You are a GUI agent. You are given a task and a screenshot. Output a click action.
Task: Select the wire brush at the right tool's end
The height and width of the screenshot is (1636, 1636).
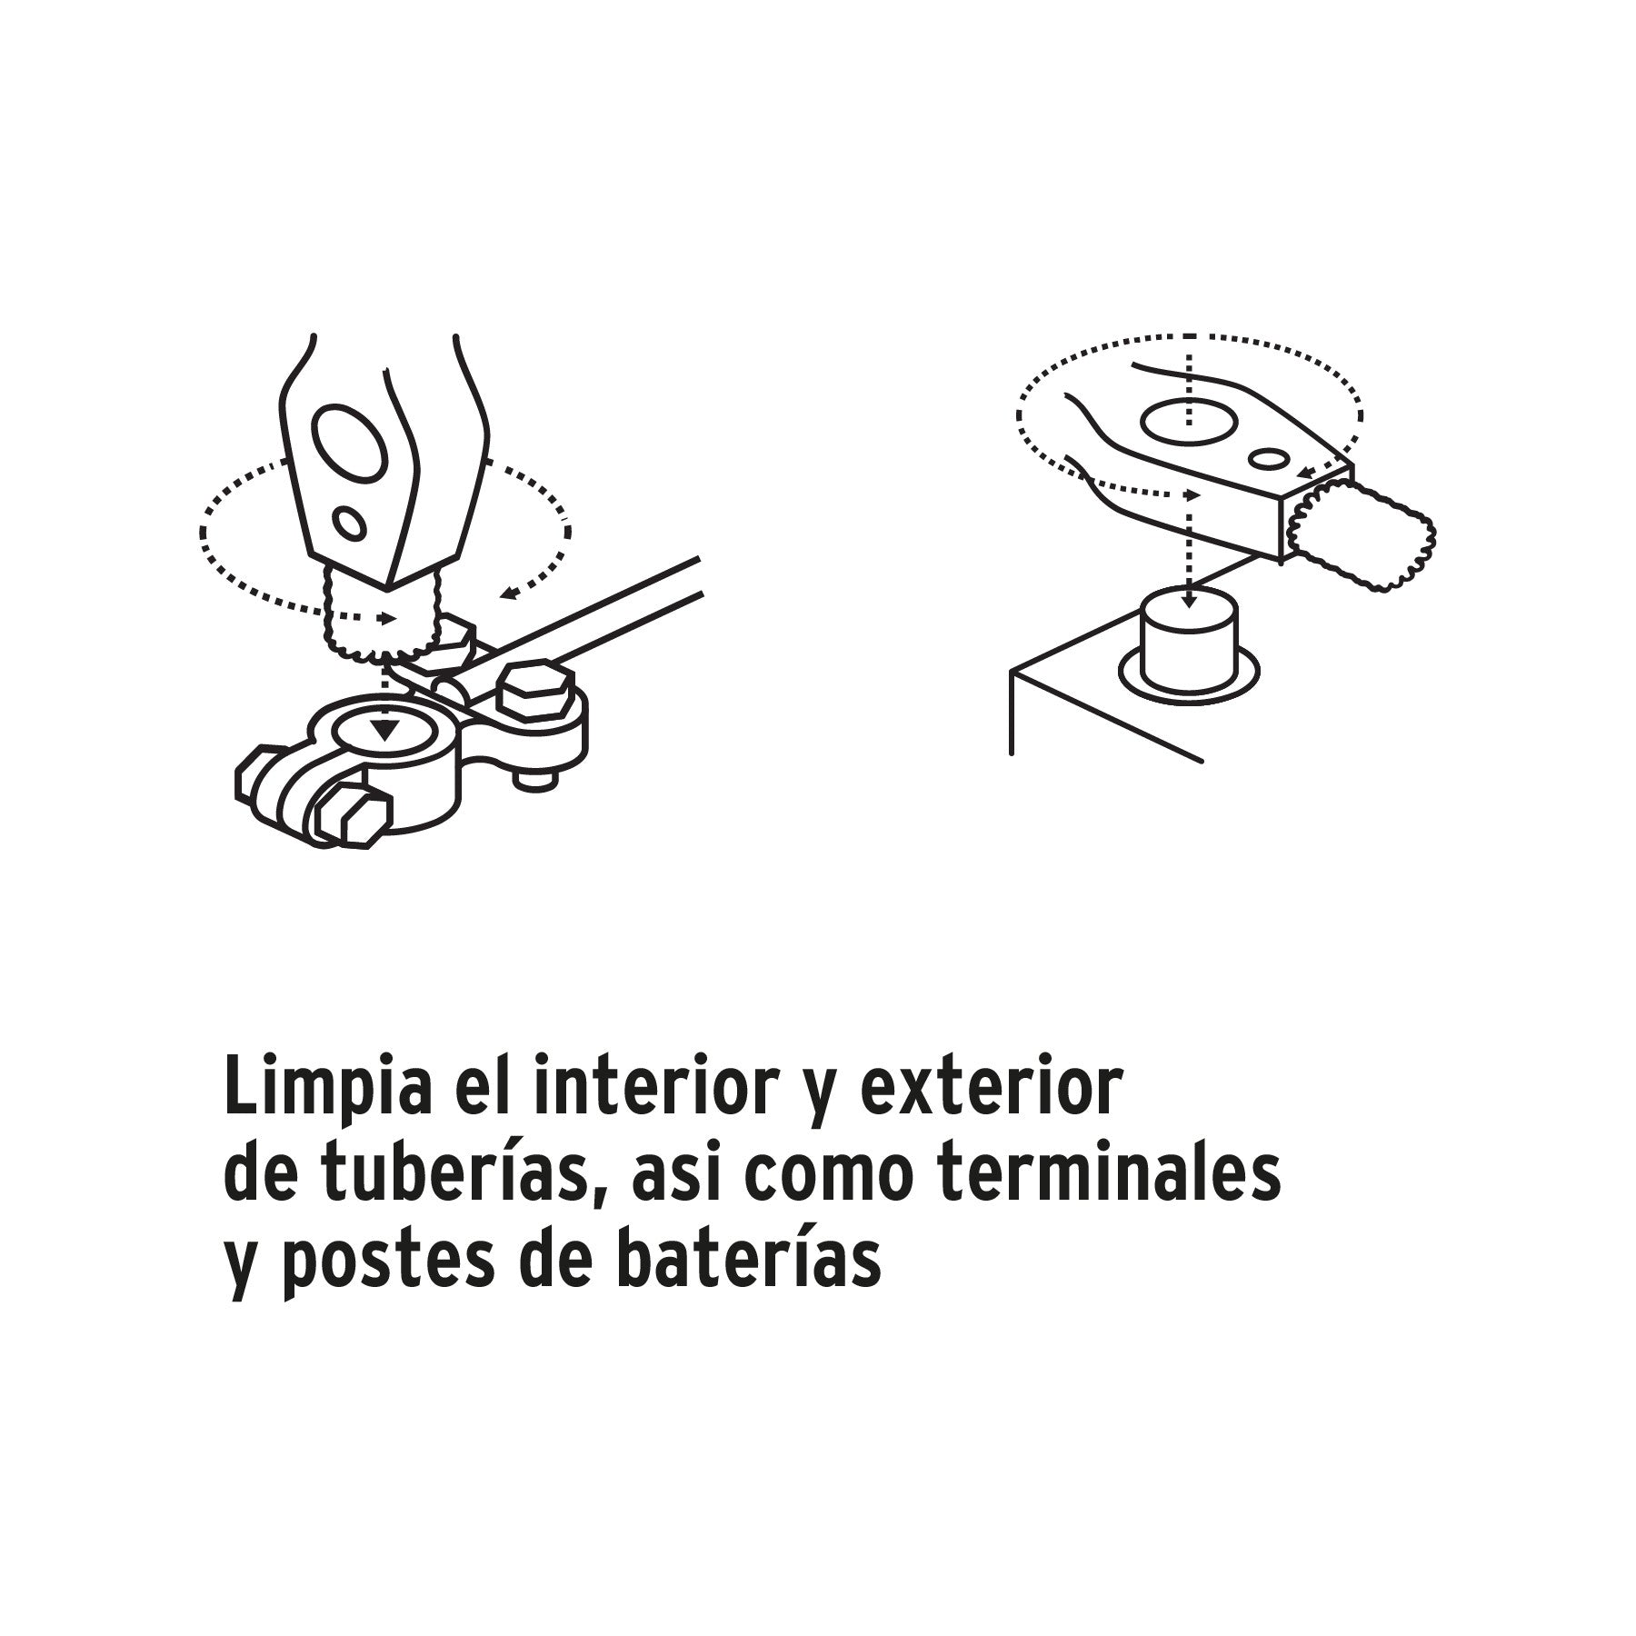pyautogui.click(x=1363, y=536)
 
